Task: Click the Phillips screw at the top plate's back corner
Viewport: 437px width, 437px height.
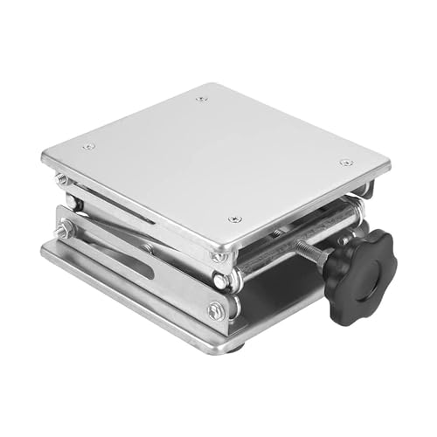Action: [202, 99]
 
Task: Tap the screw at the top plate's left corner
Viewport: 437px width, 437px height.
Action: [87, 147]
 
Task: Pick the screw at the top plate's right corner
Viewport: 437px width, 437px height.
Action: [346, 163]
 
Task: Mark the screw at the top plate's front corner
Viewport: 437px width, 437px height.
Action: [233, 219]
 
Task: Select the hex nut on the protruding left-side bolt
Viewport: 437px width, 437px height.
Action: [64, 232]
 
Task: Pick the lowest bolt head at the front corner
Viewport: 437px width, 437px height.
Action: [215, 309]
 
